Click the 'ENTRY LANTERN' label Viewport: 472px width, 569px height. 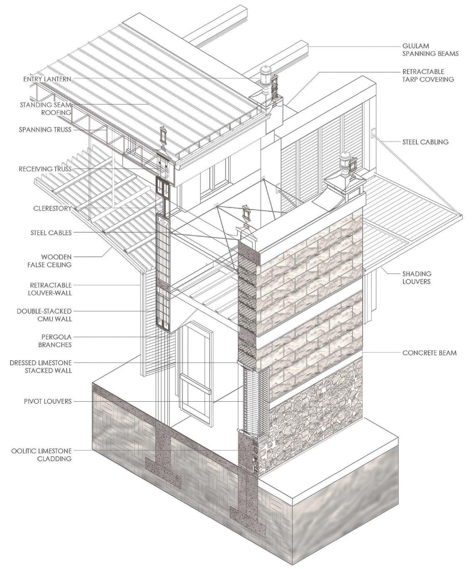47,79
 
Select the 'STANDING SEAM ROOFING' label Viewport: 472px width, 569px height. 45,109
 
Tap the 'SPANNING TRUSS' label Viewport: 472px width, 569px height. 45,130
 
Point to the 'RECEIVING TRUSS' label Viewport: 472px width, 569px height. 45,169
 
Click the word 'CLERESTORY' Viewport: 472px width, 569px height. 52,209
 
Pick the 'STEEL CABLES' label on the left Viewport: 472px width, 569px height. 51,233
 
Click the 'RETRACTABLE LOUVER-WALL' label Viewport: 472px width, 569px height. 51,289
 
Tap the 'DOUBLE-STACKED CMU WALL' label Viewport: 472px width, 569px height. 44,315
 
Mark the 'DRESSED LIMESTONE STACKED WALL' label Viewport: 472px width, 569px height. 41,366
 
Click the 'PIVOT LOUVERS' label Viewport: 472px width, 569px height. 47,401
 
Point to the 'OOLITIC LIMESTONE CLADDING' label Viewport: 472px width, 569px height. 42,455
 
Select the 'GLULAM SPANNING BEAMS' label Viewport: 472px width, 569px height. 430,50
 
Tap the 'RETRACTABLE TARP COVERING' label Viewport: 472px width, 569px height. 428,75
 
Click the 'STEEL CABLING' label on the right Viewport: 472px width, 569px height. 425,142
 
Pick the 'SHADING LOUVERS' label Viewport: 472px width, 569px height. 417,278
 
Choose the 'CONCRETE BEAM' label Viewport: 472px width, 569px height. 429,353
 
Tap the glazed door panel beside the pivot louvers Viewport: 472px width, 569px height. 195,366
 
